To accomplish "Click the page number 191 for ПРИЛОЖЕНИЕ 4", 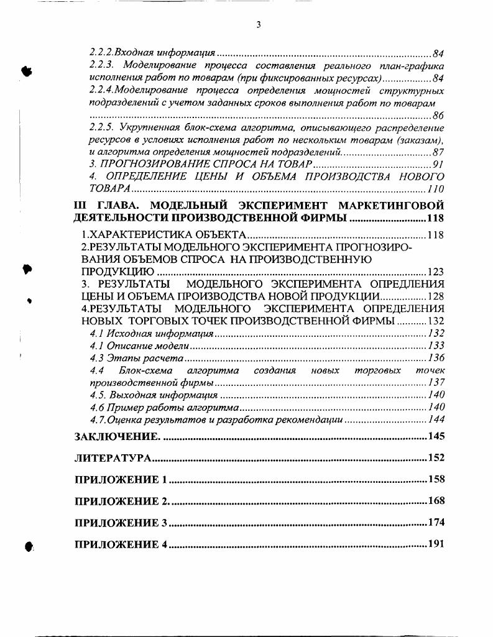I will coord(436,545).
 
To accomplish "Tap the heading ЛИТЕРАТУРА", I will coord(113,458).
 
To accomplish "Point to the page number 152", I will coord(436,458).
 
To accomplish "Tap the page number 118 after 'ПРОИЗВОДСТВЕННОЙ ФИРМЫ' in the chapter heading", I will coord(436,219).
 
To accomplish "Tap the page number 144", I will coord(436,419).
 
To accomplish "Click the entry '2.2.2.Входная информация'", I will coord(152,54).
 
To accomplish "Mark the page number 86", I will coord(438,116).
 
